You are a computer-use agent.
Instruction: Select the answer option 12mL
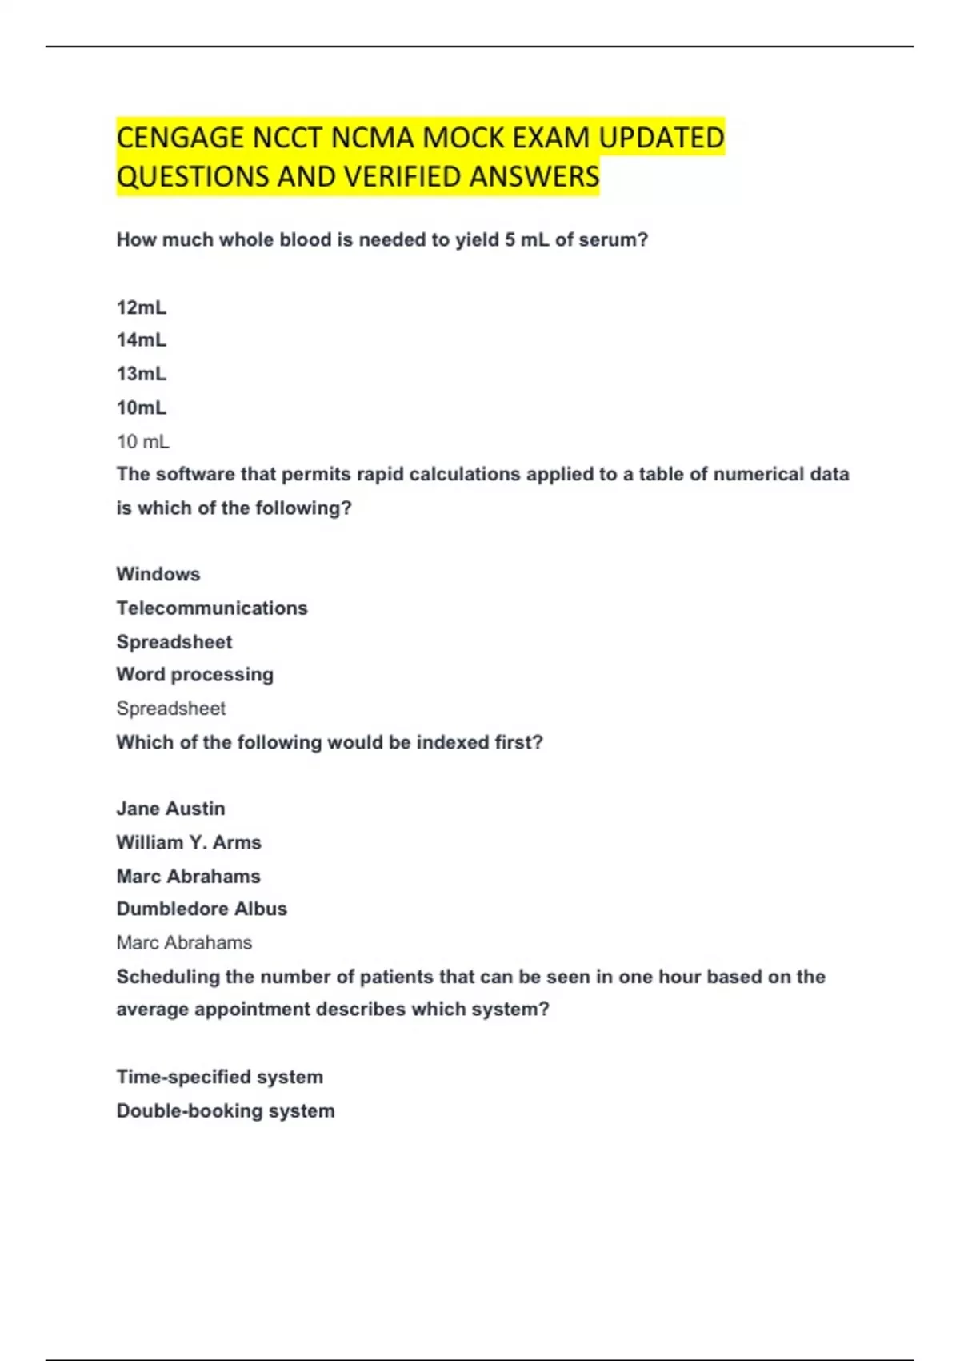click(x=142, y=307)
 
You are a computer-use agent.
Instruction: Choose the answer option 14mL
click(x=142, y=340)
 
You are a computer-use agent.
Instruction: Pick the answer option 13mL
click(x=142, y=374)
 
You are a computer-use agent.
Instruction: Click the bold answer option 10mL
click(x=142, y=407)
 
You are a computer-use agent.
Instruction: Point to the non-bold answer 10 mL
click(x=143, y=441)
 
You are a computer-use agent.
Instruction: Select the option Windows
click(x=158, y=574)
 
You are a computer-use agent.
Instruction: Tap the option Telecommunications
click(x=212, y=608)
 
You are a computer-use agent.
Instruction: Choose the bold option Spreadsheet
click(x=174, y=642)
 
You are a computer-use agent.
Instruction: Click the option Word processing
click(x=195, y=675)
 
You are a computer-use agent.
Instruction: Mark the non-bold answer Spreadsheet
click(x=171, y=709)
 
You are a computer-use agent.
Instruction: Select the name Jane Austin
click(x=171, y=809)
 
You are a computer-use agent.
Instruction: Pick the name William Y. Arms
click(x=189, y=842)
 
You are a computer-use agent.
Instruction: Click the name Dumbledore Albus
click(x=202, y=909)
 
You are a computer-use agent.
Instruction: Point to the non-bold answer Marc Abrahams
click(x=184, y=943)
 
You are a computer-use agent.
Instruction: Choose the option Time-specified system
click(x=220, y=1077)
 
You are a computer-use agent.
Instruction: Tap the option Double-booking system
click(x=226, y=1111)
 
